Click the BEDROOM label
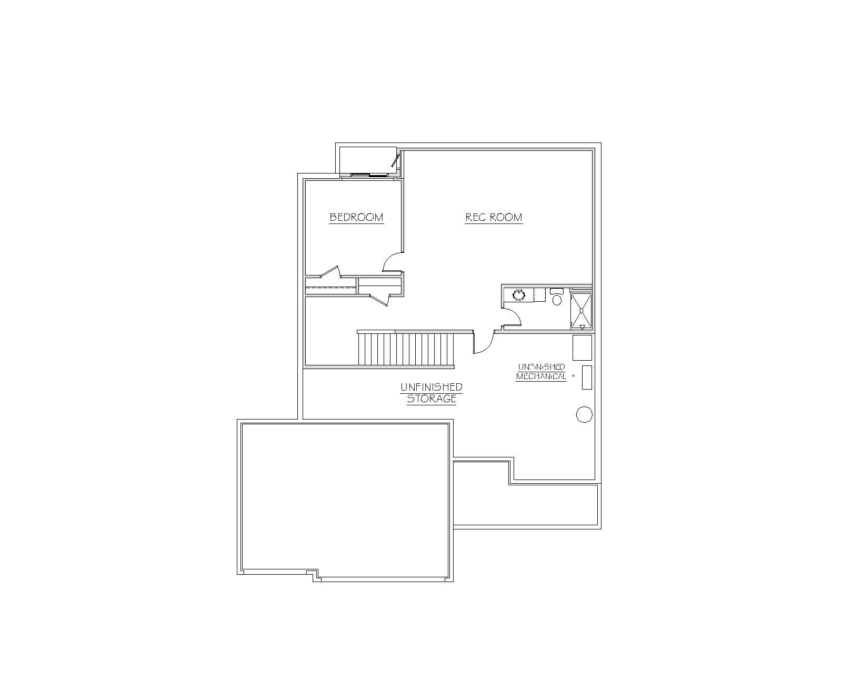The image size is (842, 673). coord(356,218)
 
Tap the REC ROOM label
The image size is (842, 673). coord(494,218)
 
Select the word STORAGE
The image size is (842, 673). coord(432,399)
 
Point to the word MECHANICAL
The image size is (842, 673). coord(541,376)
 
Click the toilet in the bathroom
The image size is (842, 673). coord(557,297)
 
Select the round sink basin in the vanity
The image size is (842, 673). coord(519,295)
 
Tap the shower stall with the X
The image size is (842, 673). coord(582,311)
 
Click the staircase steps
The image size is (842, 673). coord(406,349)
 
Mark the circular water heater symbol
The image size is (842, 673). coord(584,414)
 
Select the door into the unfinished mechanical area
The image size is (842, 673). coord(484,344)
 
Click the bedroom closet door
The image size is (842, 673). coord(330,271)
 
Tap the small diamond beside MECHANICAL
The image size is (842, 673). coord(574,376)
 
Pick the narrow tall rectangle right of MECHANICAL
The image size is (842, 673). coord(587,378)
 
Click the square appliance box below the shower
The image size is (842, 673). coord(582,348)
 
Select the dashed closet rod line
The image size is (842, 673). coord(330,288)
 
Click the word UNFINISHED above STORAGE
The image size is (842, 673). coord(432,387)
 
